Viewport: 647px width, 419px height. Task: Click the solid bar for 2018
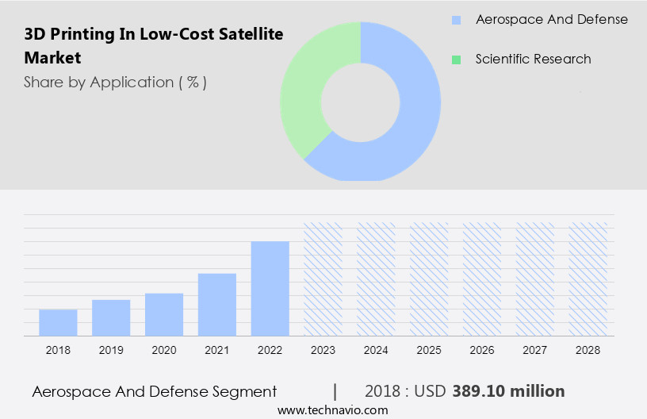point(58,322)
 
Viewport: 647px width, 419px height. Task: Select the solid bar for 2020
point(164,314)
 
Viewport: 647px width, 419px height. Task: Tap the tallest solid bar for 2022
point(270,288)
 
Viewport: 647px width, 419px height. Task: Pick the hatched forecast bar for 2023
point(323,279)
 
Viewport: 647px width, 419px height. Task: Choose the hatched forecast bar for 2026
point(482,279)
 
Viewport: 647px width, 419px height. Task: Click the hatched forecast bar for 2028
point(588,279)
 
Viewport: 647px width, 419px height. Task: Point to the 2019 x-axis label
point(111,350)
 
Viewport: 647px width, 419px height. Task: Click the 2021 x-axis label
point(217,350)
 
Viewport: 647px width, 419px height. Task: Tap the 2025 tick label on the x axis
point(429,350)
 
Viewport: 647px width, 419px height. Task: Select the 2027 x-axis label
point(535,350)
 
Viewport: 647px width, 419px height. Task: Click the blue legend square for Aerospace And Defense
point(456,20)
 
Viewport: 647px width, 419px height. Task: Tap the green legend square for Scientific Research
point(456,60)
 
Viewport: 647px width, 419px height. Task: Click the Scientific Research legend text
point(533,60)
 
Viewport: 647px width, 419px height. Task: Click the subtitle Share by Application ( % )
point(115,82)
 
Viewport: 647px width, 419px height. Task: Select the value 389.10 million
point(508,391)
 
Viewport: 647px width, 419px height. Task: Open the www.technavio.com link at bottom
point(332,410)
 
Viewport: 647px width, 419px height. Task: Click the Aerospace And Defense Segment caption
point(155,391)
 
